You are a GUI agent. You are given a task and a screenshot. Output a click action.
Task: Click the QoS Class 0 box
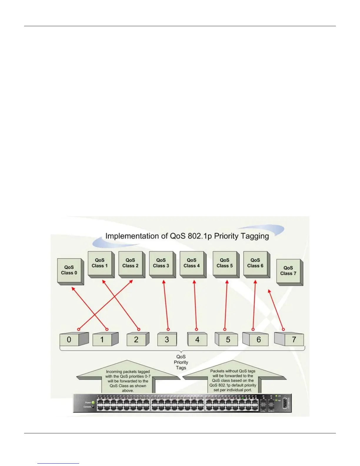point(69,270)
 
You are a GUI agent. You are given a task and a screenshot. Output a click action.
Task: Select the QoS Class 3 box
point(161,263)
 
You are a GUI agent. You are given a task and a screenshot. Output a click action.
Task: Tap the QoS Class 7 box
point(289,271)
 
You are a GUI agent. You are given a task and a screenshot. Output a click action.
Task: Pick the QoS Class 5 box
point(225,263)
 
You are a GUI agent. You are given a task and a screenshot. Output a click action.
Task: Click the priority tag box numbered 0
point(69,339)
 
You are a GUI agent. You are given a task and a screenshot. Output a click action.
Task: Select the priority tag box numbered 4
point(197,339)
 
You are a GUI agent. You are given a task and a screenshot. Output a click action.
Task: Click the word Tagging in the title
point(254,236)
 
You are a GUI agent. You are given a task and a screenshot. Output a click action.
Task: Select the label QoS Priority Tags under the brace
point(181,362)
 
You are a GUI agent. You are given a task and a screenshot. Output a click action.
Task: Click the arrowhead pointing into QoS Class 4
point(194,282)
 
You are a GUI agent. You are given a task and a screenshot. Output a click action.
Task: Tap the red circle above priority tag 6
point(253,329)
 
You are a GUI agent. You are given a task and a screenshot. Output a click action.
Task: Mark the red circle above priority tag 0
point(79,329)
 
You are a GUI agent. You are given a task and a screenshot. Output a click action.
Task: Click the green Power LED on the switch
point(93,402)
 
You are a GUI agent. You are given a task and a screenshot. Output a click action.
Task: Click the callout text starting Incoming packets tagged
point(128,381)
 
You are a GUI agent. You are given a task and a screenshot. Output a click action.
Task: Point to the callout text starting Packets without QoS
point(233,380)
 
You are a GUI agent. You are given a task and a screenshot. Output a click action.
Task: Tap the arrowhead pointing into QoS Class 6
point(255,282)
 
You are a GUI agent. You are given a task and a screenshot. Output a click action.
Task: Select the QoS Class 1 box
point(100,263)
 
